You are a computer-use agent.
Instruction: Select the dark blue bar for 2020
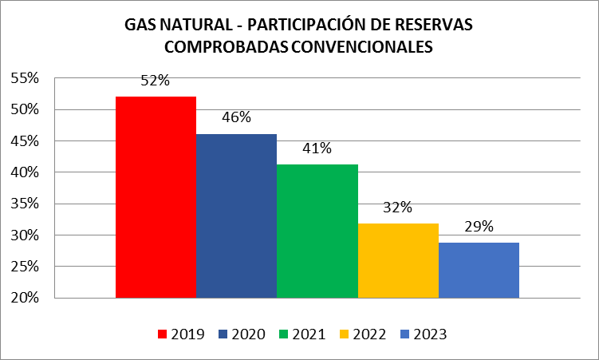236,216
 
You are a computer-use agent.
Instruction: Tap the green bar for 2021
317,231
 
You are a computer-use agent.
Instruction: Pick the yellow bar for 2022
398,260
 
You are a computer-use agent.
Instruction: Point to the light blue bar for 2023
479,270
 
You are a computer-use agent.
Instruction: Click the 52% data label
156,81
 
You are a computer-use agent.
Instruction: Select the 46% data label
236,117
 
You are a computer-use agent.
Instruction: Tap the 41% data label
317,148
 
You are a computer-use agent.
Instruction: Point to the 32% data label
397,208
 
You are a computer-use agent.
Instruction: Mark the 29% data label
479,227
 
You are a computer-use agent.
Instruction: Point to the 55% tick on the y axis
26,78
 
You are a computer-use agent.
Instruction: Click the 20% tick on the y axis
26,298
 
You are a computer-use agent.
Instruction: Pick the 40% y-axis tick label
26,172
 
